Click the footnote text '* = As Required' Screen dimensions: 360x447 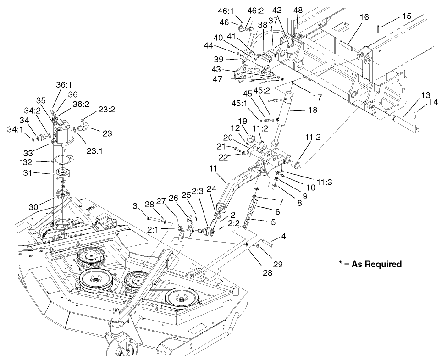[370, 264]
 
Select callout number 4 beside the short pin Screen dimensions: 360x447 [284, 237]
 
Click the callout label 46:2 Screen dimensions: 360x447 [256, 10]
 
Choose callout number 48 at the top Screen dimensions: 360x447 [298, 10]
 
